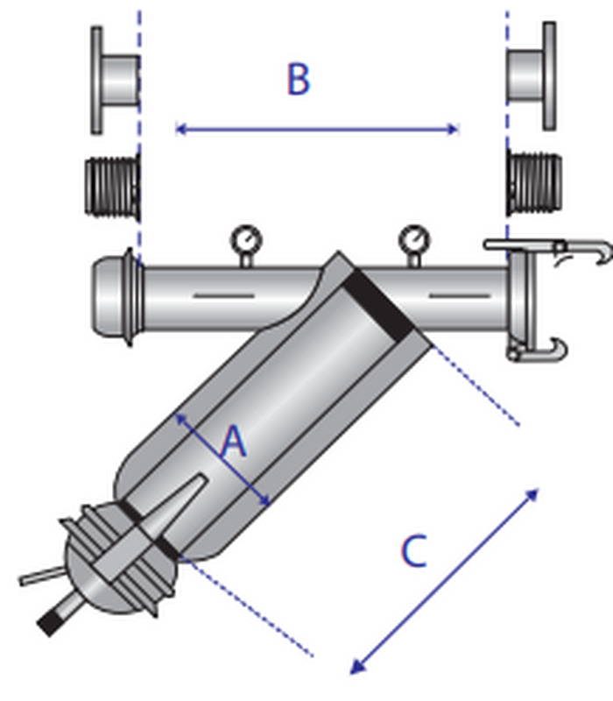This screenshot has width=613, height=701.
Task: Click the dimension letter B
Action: pos(298,79)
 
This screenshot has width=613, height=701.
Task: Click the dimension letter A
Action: pos(234,442)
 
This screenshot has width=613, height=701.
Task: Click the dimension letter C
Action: pos(413,551)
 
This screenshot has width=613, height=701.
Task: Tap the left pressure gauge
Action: pos(246,245)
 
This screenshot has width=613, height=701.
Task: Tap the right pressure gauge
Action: pos(414,245)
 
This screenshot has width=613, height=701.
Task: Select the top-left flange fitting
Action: pos(116,81)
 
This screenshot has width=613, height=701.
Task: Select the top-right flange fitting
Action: pos(532,76)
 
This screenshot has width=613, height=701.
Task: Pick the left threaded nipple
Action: pos(113,187)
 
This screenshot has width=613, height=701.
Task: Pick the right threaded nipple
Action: pos(534,184)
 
